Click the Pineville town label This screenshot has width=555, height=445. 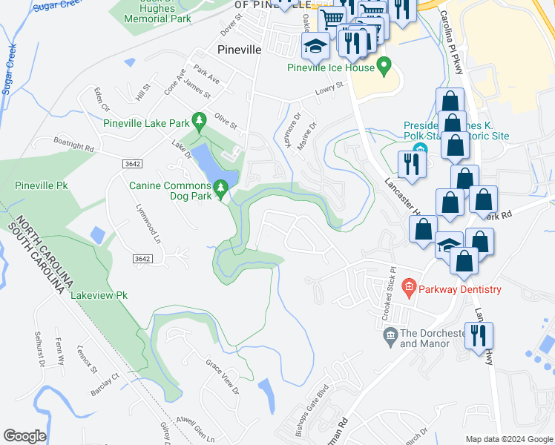pyautogui.click(x=240, y=50)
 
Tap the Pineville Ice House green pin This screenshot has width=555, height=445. pyautogui.click(x=384, y=67)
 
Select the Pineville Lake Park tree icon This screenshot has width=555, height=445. pyautogui.click(x=198, y=119)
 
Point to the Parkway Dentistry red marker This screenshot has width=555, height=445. pyautogui.click(x=407, y=286)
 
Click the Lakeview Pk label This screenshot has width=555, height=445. pyautogui.click(x=99, y=295)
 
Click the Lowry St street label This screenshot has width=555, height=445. pyautogui.click(x=330, y=88)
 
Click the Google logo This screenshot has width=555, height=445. pyautogui.click(x=24, y=436)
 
